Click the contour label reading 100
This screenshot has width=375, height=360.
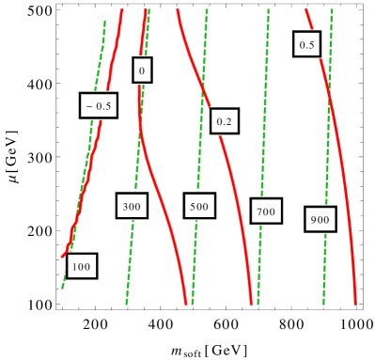tap(82, 267)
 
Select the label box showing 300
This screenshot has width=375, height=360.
tap(132, 206)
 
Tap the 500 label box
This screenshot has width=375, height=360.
tap(199, 206)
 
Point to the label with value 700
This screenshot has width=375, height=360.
tap(266, 211)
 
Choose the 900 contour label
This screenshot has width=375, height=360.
tap(320, 220)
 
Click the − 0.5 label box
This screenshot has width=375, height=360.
tap(99, 106)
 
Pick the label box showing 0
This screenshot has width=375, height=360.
tap(142, 70)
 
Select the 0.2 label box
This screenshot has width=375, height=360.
tap(225, 121)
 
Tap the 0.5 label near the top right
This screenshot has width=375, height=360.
tap(306, 44)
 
